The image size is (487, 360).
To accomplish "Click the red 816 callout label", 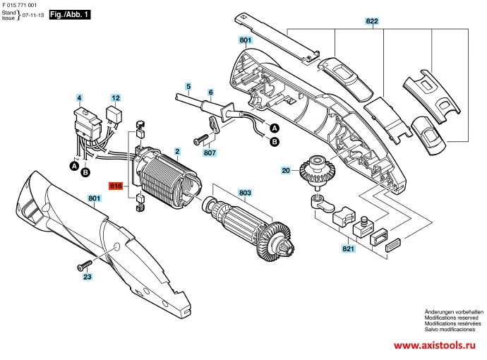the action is pos(116,186).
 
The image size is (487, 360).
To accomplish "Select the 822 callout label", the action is pos(372,20).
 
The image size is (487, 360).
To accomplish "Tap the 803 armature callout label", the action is pos(245,193).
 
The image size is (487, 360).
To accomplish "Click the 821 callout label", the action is pos(348,248).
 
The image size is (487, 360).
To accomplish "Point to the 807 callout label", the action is pos(210,152).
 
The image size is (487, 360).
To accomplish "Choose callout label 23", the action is pos(88,277).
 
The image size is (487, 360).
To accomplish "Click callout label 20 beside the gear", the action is pos(286,170).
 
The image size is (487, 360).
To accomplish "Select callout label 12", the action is pos(116,98).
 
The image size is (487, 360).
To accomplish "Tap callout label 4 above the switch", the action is pos(79,98).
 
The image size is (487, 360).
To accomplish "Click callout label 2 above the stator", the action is pos(177,151).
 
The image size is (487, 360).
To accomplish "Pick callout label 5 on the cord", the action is pos(188,86).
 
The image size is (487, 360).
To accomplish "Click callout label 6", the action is pos(210,92).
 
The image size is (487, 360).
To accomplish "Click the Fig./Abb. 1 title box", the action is pos(70,15).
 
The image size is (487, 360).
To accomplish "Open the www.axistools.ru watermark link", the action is pos(435,345).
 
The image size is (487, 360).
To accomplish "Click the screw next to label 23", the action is pos(84,265).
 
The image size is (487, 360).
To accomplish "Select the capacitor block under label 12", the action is pos(114,114).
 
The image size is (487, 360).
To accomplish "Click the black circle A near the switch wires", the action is pos(74,166).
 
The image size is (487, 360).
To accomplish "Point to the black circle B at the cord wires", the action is pos(275,142).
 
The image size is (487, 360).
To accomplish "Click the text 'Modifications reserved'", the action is pos(451,318).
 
